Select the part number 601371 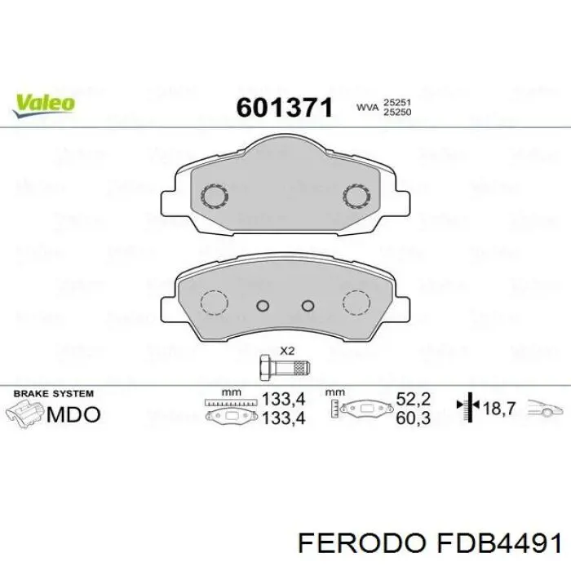point(284,107)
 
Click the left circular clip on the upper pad point(215,197)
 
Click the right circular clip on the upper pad point(356,197)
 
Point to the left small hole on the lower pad point(263,306)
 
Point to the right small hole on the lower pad point(308,306)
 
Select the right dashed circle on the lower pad point(356,303)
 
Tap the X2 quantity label point(286,351)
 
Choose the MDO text point(74,414)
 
